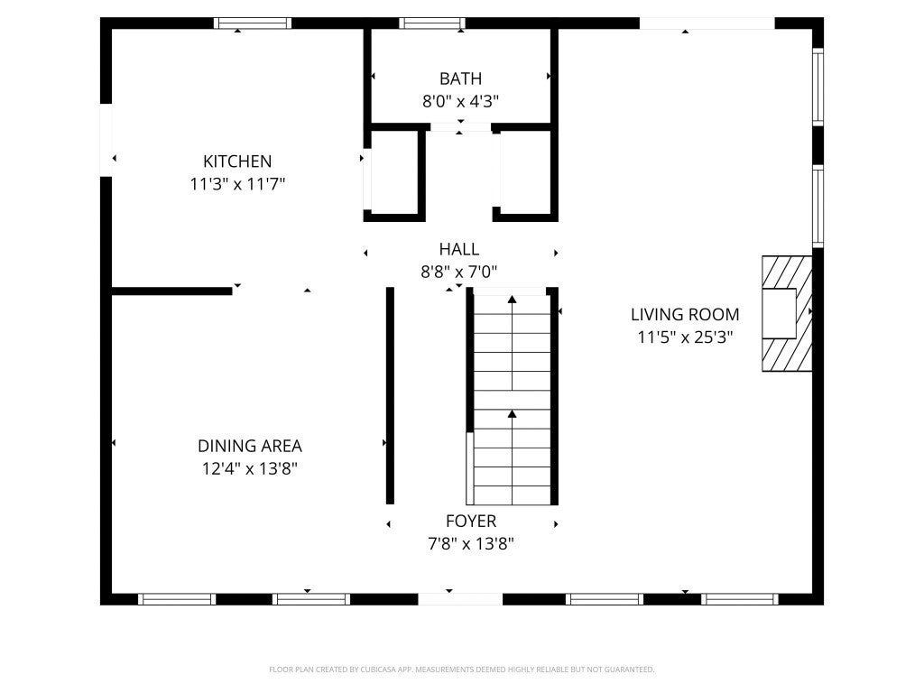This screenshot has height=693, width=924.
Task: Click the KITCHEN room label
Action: (237, 161)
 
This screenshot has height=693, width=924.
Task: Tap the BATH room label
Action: (461, 79)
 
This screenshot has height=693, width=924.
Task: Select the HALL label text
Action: (459, 249)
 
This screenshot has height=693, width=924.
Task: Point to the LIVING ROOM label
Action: (685, 314)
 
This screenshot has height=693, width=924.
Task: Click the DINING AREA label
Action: (250, 446)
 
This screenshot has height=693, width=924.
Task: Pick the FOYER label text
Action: (471, 521)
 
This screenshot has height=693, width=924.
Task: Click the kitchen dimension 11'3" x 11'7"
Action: (237, 184)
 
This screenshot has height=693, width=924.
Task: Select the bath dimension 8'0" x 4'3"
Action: (461, 101)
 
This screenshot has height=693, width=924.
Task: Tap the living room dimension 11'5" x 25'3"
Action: (685, 337)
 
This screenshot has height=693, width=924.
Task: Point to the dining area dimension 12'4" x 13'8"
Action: (250, 468)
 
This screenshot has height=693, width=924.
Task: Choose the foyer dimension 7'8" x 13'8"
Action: (471, 543)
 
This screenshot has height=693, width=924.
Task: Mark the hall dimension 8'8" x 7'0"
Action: (459, 272)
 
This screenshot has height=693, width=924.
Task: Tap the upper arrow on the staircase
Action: (513, 342)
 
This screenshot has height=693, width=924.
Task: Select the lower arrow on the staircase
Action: (513, 457)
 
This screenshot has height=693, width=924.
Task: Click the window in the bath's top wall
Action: (432, 23)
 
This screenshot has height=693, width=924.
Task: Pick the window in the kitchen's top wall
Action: (253, 23)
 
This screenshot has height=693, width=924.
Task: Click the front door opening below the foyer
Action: (460, 599)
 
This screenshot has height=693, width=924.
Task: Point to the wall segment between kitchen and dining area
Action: (171, 291)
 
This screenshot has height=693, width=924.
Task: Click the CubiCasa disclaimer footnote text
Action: (461, 670)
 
